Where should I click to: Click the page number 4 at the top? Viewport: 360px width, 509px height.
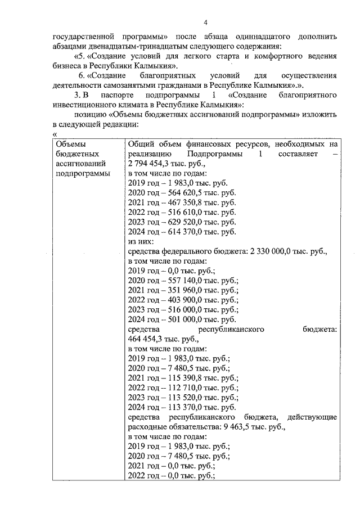206,22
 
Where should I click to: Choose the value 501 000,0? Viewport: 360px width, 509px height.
181,319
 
